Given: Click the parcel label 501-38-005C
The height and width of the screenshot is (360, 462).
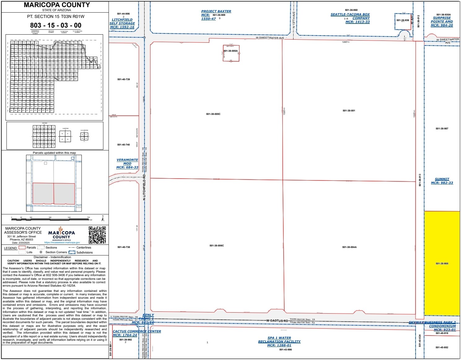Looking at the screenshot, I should [x=213, y=114].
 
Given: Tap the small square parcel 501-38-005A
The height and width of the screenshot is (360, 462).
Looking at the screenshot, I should [x=231, y=53].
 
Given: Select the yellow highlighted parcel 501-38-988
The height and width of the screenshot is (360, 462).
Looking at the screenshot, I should [x=442, y=263].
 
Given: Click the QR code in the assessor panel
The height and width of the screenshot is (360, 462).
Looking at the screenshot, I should [x=97, y=235].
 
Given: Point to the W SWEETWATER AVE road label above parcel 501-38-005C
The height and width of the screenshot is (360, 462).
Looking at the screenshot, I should [x=269, y=38].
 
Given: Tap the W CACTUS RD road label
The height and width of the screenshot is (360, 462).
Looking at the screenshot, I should [x=277, y=321].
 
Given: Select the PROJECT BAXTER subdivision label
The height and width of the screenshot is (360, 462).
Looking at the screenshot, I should [x=216, y=11].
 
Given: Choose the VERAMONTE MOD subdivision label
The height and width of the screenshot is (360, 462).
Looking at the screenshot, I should [x=127, y=163].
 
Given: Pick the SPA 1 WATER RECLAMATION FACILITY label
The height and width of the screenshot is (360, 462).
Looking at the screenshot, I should [x=279, y=341].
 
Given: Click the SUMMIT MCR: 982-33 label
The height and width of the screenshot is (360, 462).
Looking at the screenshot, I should [x=442, y=181].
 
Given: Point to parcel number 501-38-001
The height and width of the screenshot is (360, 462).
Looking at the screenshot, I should [x=349, y=111].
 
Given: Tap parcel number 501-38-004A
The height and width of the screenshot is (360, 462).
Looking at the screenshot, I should [x=349, y=247].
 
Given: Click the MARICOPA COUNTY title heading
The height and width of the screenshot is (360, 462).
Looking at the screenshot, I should [x=57, y=5].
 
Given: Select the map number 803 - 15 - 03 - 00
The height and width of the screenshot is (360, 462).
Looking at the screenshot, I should [x=56, y=25].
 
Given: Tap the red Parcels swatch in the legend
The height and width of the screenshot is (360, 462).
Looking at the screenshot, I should [x=22, y=247].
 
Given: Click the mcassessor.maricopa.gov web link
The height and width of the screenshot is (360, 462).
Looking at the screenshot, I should [x=62, y=243].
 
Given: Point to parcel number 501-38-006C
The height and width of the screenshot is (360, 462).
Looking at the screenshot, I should [x=216, y=245].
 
